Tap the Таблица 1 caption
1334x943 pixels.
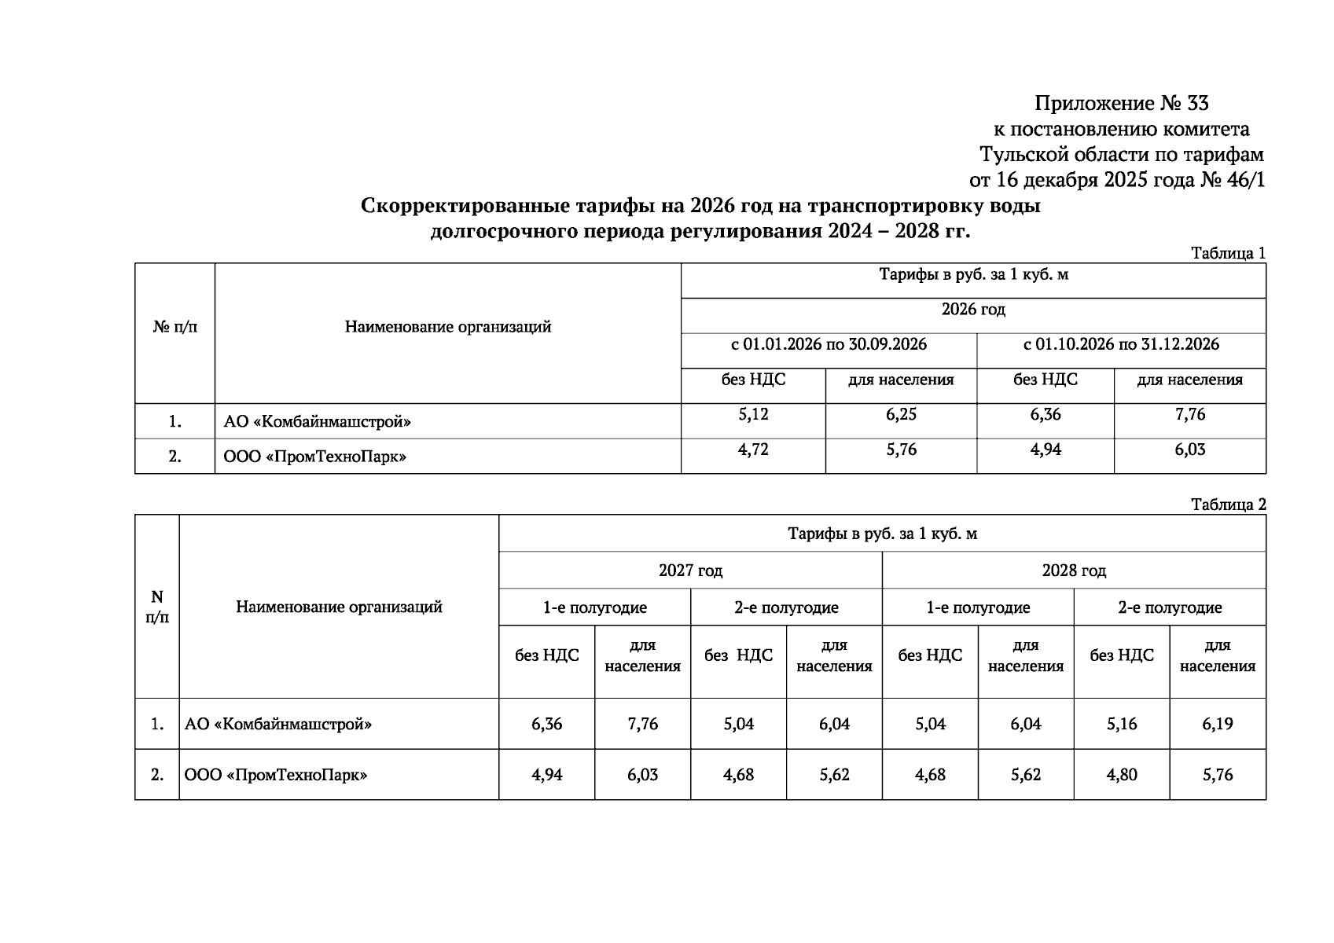pyautogui.click(x=1228, y=253)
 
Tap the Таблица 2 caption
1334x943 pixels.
pyautogui.click(x=1228, y=505)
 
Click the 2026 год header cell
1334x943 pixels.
pyautogui.click(x=973, y=310)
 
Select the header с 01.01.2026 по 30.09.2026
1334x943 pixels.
pyautogui.click(x=829, y=344)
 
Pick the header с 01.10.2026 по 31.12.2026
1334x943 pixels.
pyautogui.click(x=1121, y=344)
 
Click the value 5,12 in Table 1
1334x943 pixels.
pyautogui.click(x=753, y=414)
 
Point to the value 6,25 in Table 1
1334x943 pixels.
pyautogui.click(x=901, y=414)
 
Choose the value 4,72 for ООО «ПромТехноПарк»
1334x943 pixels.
pyautogui.click(x=753, y=449)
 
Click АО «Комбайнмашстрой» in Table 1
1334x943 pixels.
pyautogui.click(x=318, y=422)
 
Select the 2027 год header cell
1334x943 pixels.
pyautogui.click(x=690, y=571)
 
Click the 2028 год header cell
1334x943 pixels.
pyautogui.click(x=1074, y=571)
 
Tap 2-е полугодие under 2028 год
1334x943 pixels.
pyautogui.click(x=1170, y=607)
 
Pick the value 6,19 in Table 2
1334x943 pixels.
pyautogui.click(x=1217, y=724)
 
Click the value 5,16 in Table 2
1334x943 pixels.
pyautogui.click(x=1122, y=724)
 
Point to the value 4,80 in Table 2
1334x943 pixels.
pyautogui.click(x=1122, y=775)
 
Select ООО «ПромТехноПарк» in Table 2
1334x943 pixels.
pyautogui.click(x=276, y=775)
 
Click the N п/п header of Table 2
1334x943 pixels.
pyautogui.click(x=157, y=607)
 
